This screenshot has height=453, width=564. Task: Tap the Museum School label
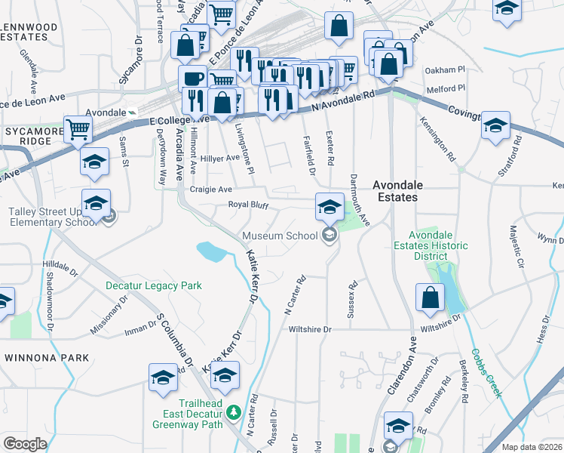pyautogui.click(x=280, y=236)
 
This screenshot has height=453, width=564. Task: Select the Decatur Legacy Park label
pyautogui.click(x=153, y=286)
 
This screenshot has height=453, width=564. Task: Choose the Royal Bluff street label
pyautogui.click(x=249, y=205)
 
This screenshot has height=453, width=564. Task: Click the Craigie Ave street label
pyautogui.click(x=210, y=190)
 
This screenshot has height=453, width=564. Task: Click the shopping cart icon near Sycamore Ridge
pyautogui.click(x=78, y=129)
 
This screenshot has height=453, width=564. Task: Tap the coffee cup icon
pyautogui.click(x=192, y=78)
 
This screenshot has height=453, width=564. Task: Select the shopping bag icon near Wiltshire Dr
pyautogui.click(x=429, y=298)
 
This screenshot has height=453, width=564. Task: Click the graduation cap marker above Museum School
pyautogui.click(x=330, y=206)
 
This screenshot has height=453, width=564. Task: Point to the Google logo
pyautogui.click(x=25, y=444)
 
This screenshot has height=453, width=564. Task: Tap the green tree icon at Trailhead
pyautogui.click(x=234, y=411)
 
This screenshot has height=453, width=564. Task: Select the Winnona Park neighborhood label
pyautogui.click(x=47, y=357)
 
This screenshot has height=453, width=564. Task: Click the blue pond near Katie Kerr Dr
pyautogui.click(x=210, y=251)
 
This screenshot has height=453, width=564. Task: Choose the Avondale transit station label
pyautogui.click(x=105, y=112)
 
